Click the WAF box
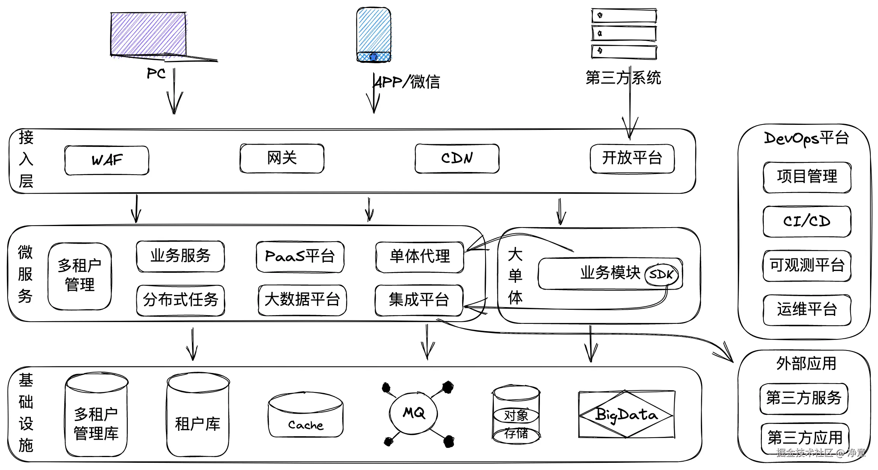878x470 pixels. click(x=107, y=160)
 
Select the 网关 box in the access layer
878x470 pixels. click(x=282, y=158)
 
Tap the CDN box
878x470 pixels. click(x=457, y=158)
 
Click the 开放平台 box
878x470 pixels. click(x=632, y=158)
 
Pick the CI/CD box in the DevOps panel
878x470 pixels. click(x=807, y=221)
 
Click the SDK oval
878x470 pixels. click(x=661, y=274)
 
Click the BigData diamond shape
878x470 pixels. click(x=626, y=414)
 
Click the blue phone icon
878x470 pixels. click(x=374, y=34)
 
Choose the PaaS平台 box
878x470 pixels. click(x=300, y=257)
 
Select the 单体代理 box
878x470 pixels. click(x=420, y=257)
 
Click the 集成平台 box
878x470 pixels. click(x=419, y=300)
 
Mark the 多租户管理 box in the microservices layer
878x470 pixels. click(x=80, y=276)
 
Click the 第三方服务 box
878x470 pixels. click(x=804, y=398)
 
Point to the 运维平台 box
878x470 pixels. click(x=807, y=310)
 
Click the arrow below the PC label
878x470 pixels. click(x=174, y=95)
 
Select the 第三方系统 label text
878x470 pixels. click(x=623, y=78)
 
